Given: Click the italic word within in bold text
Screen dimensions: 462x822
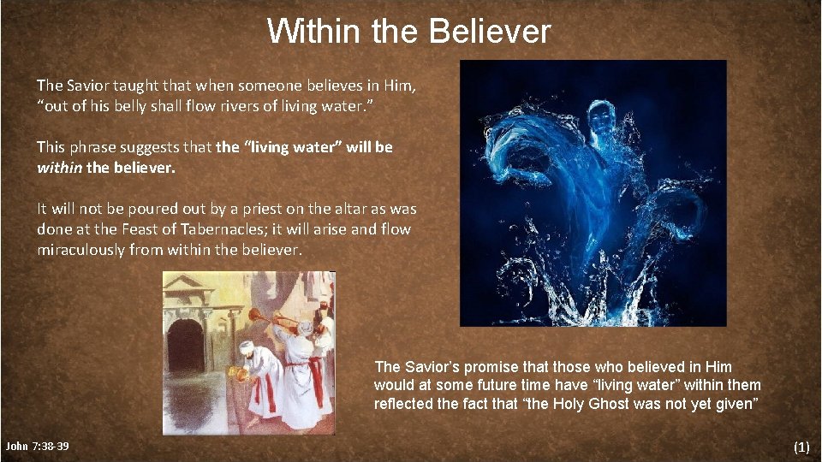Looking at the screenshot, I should (x=59, y=168).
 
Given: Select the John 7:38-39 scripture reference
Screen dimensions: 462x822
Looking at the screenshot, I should (x=38, y=447).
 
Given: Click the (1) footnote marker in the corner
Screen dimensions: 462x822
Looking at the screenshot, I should (x=801, y=447).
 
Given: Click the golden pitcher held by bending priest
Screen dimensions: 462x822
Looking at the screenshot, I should (x=242, y=374).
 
